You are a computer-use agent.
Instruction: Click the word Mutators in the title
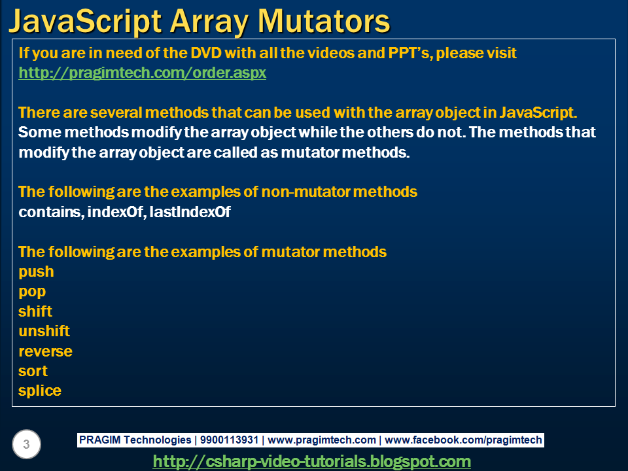click(324, 21)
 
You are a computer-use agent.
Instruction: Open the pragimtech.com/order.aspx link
click(142, 73)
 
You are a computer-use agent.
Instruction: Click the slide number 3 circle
click(26, 444)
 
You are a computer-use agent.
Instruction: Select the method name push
click(36, 272)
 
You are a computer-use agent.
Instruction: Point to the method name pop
click(32, 292)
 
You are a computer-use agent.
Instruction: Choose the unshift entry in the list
click(44, 331)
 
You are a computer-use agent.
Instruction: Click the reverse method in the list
click(45, 351)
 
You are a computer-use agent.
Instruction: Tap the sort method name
click(33, 372)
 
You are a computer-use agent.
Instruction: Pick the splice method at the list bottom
click(40, 391)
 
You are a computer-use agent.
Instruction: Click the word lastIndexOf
click(190, 212)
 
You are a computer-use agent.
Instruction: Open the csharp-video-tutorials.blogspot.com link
click(311, 461)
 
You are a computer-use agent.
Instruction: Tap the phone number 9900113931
click(229, 440)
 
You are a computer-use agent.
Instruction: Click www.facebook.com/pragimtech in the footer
click(463, 440)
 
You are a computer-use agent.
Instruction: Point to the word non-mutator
click(306, 192)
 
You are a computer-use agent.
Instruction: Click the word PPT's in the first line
click(410, 53)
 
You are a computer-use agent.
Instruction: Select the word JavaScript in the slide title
click(85, 22)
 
